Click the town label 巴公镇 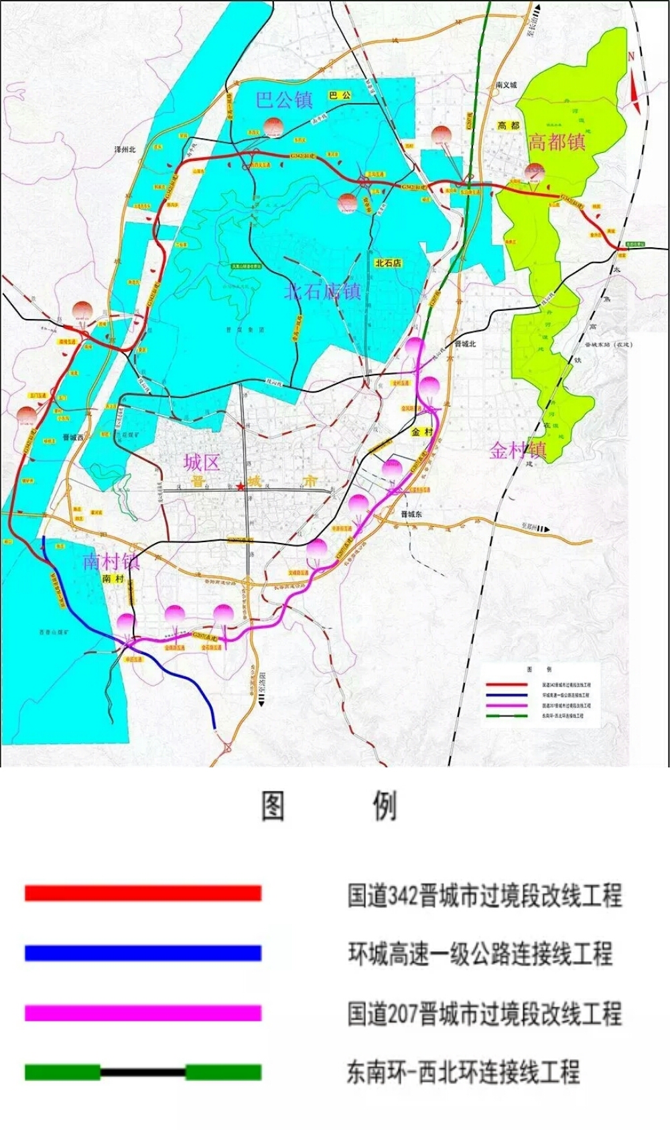[x=285, y=100]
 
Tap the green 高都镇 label [x=557, y=142]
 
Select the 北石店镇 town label [x=323, y=291]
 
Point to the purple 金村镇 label [x=518, y=450]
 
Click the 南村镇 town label [x=111, y=561]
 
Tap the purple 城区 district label [x=202, y=462]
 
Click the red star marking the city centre [x=240, y=486]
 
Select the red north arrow [x=634, y=84]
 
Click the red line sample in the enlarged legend [x=143, y=893]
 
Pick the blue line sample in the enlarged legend [x=143, y=952]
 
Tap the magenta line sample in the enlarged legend [x=143, y=1012]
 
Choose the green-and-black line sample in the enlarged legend [x=143, y=1072]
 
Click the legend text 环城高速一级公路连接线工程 [x=480, y=953]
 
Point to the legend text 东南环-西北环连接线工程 [x=463, y=1072]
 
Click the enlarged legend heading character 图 [x=273, y=805]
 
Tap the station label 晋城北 [x=465, y=344]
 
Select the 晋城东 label [x=411, y=514]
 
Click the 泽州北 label [x=125, y=149]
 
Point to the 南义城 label [x=507, y=85]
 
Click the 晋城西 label [x=74, y=437]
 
